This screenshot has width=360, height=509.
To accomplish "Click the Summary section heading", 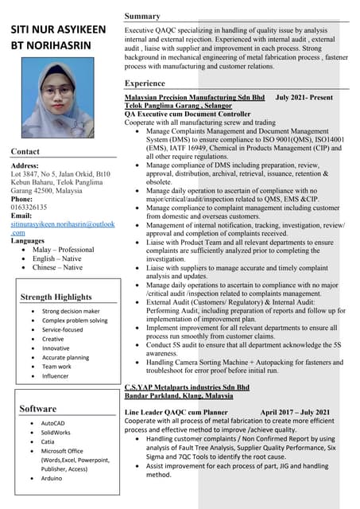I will [x=142, y=16].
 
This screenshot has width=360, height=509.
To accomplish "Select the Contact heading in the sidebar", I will [x=25, y=151].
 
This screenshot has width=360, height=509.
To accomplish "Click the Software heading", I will [x=37, y=408].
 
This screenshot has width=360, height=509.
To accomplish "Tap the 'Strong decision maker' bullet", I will [x=71, y=311].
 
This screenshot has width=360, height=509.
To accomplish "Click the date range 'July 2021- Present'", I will [x=304, y=96].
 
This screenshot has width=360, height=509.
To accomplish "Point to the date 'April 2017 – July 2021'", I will [x=295, y=412].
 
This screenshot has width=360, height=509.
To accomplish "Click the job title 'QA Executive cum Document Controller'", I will [x=188, y=114].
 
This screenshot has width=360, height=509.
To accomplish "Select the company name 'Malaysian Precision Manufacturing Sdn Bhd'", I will [x=195, y=96].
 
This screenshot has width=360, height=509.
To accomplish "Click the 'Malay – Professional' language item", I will [x=63, y=249].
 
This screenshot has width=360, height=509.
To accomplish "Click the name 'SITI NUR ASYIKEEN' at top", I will [x=58, y=30].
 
